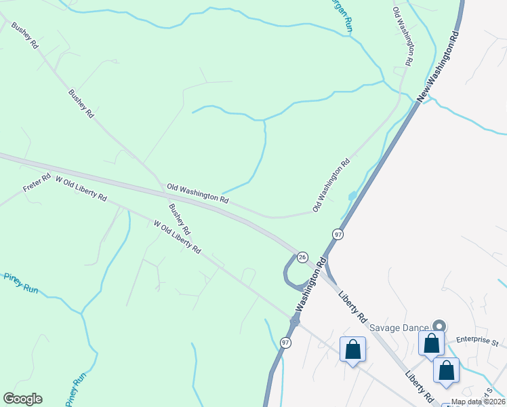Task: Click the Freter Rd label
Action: [x=37, y=184]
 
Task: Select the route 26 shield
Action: [x=302, y=257]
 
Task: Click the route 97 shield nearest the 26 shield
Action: [x=338, y=234]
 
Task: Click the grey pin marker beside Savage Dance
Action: [x=439, y=326]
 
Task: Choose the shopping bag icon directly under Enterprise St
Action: [x=446, y=370]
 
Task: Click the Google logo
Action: [x=22, y=399]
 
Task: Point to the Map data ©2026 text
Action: [x=477, y=402]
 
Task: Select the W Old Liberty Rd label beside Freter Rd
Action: [x=81, y=188]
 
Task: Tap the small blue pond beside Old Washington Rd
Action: [x=351, y=196]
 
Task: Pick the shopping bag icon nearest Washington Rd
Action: [x=352, y=350]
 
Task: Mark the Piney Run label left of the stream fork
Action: [x=20, y=282]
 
